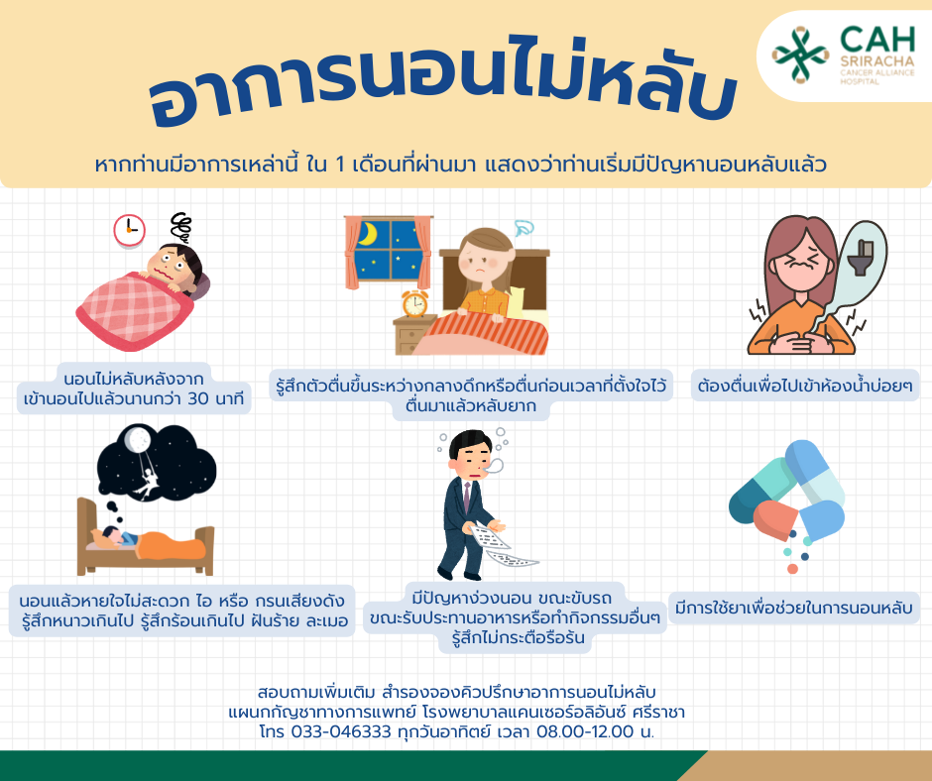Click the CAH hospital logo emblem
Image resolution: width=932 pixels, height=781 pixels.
[x=799, y=55]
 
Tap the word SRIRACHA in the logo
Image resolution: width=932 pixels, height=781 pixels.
[x=877, y=61]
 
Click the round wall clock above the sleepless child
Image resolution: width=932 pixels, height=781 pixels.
[x=129, y=230]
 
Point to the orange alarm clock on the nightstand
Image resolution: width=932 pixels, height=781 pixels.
[x=414, y=303]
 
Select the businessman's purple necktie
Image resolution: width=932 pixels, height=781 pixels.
[x=467, y=497]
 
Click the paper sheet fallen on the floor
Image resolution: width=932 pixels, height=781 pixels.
[x=513, y=558]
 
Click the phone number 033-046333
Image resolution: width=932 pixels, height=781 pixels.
[x=341, y=731]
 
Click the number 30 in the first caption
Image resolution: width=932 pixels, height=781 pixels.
[x=198, y=398]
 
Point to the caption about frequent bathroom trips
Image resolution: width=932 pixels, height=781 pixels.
[x=805, y=387]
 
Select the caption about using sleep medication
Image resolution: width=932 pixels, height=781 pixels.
[x=794, y=608]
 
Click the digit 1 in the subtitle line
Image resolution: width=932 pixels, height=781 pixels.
[x=340, y=165]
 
